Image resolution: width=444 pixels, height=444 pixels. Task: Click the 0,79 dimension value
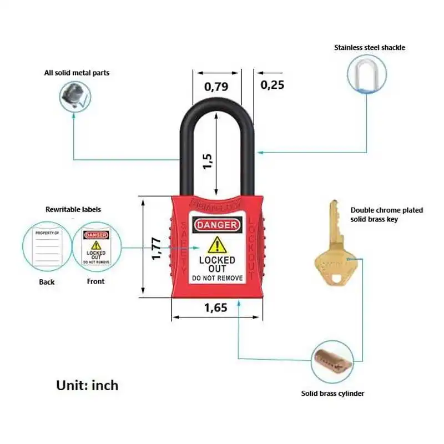pos(216,87)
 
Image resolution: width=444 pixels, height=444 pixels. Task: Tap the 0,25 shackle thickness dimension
pos(272,85)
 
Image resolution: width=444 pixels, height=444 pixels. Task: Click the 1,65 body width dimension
pos(215,308)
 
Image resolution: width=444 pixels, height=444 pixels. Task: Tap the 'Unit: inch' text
pos(87,385)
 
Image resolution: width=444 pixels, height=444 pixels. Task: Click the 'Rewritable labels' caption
pos(73,210)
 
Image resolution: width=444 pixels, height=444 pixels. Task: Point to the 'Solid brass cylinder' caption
pos(333,393)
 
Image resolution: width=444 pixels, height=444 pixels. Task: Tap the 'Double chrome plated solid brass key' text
pos(386,215)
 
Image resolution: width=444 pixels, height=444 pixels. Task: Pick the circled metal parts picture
pos(75,95)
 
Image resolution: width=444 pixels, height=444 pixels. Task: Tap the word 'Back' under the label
pos(47,282)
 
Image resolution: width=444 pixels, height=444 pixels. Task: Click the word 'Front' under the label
pos(95,281)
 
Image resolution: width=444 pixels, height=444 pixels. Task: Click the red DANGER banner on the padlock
pos(218,225)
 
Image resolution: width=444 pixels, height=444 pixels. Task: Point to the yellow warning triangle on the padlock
pos(217,245)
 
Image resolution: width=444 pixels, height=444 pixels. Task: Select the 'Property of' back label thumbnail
pos(47,246)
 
